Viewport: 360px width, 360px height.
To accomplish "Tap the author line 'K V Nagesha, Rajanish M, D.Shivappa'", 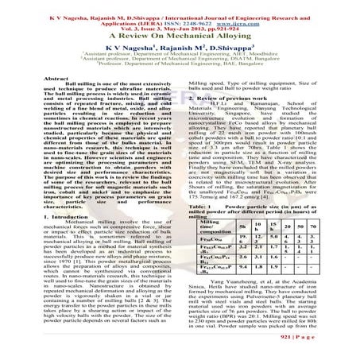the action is click(x=180, y=49).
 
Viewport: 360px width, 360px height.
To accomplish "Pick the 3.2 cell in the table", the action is click(x=254, y=253).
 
